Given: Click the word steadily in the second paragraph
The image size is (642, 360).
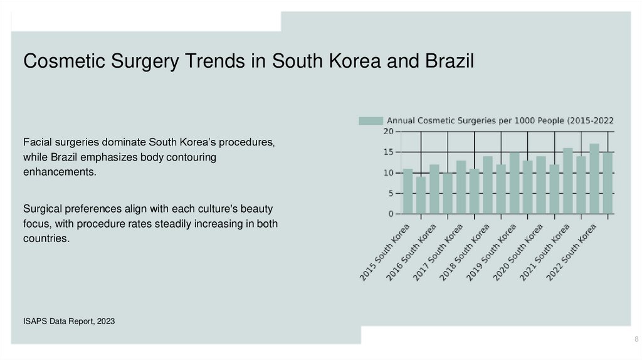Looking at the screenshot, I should (171, 224).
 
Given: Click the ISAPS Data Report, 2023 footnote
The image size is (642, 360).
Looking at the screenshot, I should (69, 321).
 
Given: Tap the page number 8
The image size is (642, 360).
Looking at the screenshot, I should (636, 339).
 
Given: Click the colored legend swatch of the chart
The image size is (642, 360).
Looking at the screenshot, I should (370, 120).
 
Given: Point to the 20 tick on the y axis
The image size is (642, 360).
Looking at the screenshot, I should (388, 132).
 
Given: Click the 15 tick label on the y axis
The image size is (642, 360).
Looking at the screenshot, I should (388, 152).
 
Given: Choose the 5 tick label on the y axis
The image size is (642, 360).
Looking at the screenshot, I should (390, 194).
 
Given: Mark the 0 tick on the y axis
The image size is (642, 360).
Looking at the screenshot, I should (390, 214).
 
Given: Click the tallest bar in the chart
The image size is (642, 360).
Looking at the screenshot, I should (594, 179).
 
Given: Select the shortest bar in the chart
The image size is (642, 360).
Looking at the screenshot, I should (421, 195).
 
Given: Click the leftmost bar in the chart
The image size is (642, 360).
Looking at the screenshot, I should (408, 191).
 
